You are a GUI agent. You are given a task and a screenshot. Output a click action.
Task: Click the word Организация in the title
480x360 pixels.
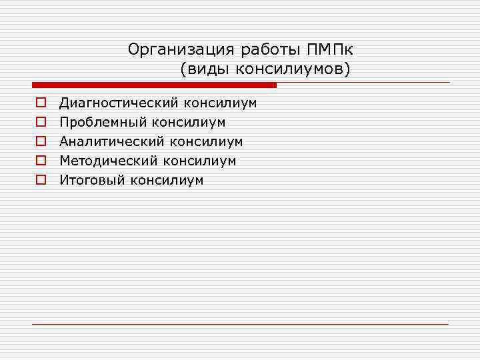[170, 50]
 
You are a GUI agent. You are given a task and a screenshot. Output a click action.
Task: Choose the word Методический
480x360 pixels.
[109, 161]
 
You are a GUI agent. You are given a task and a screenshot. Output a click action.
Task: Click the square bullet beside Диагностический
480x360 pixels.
[40, 103]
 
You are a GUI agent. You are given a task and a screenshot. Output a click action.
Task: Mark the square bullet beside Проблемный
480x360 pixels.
[40, 123]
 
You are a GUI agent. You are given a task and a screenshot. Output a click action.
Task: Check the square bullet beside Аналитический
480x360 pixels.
[40, 142]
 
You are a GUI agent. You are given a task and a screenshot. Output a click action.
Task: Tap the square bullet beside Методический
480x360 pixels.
[40, 161]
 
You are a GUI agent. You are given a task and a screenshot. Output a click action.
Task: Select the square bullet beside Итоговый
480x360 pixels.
[40, 181]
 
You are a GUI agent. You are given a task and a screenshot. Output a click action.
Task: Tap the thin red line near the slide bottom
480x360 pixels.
[240, 324]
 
